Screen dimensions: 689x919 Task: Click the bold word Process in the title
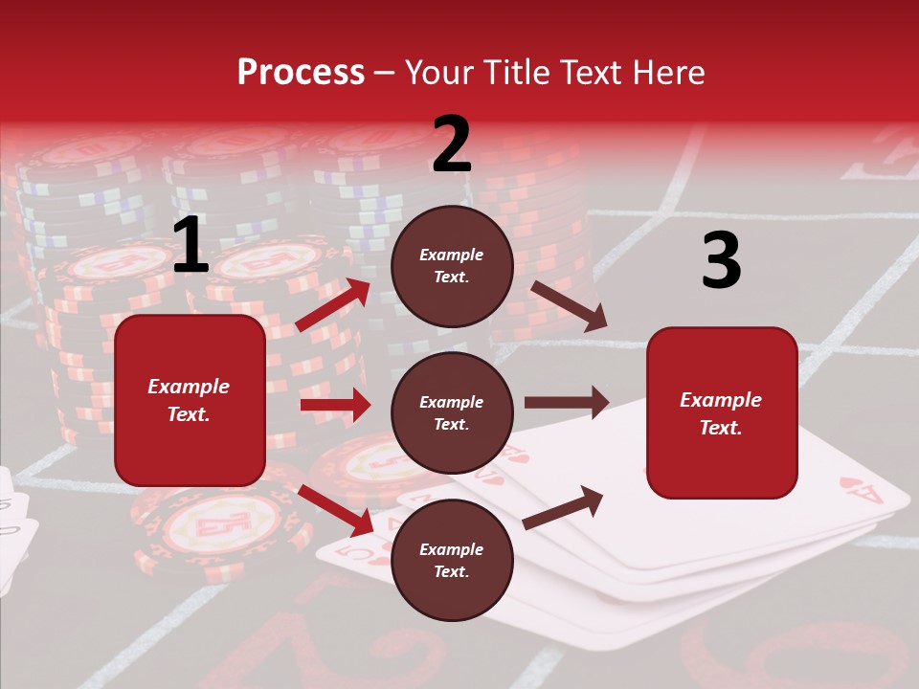coord(301,72)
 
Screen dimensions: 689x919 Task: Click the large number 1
coord(191,246)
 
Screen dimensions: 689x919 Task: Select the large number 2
coord(452,144)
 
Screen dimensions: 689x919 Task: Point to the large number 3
coord(721,260)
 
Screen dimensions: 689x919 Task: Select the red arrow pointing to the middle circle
coord(335,405)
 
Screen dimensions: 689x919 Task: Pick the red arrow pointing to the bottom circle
coord(336,510)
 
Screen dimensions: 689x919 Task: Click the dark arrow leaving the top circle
coord(569,306)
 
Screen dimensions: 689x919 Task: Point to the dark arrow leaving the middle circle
coord(567,402)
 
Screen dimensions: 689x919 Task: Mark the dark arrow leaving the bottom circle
coord(563,507)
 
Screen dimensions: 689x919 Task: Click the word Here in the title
coord(669,72)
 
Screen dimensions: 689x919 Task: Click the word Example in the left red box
coord(189,387)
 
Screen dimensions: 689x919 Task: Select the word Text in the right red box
coord(721,428)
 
